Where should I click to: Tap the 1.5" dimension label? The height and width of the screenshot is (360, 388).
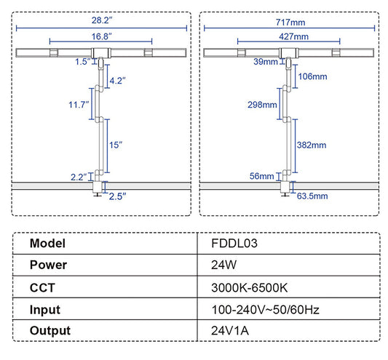[82, 62]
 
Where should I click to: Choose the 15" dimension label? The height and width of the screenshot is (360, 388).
[115, 145]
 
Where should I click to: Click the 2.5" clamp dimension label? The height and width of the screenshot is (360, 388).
[118, 195]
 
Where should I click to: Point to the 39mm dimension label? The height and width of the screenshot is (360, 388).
[264, 62]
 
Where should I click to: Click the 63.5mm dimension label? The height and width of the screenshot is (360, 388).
[312, 195]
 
